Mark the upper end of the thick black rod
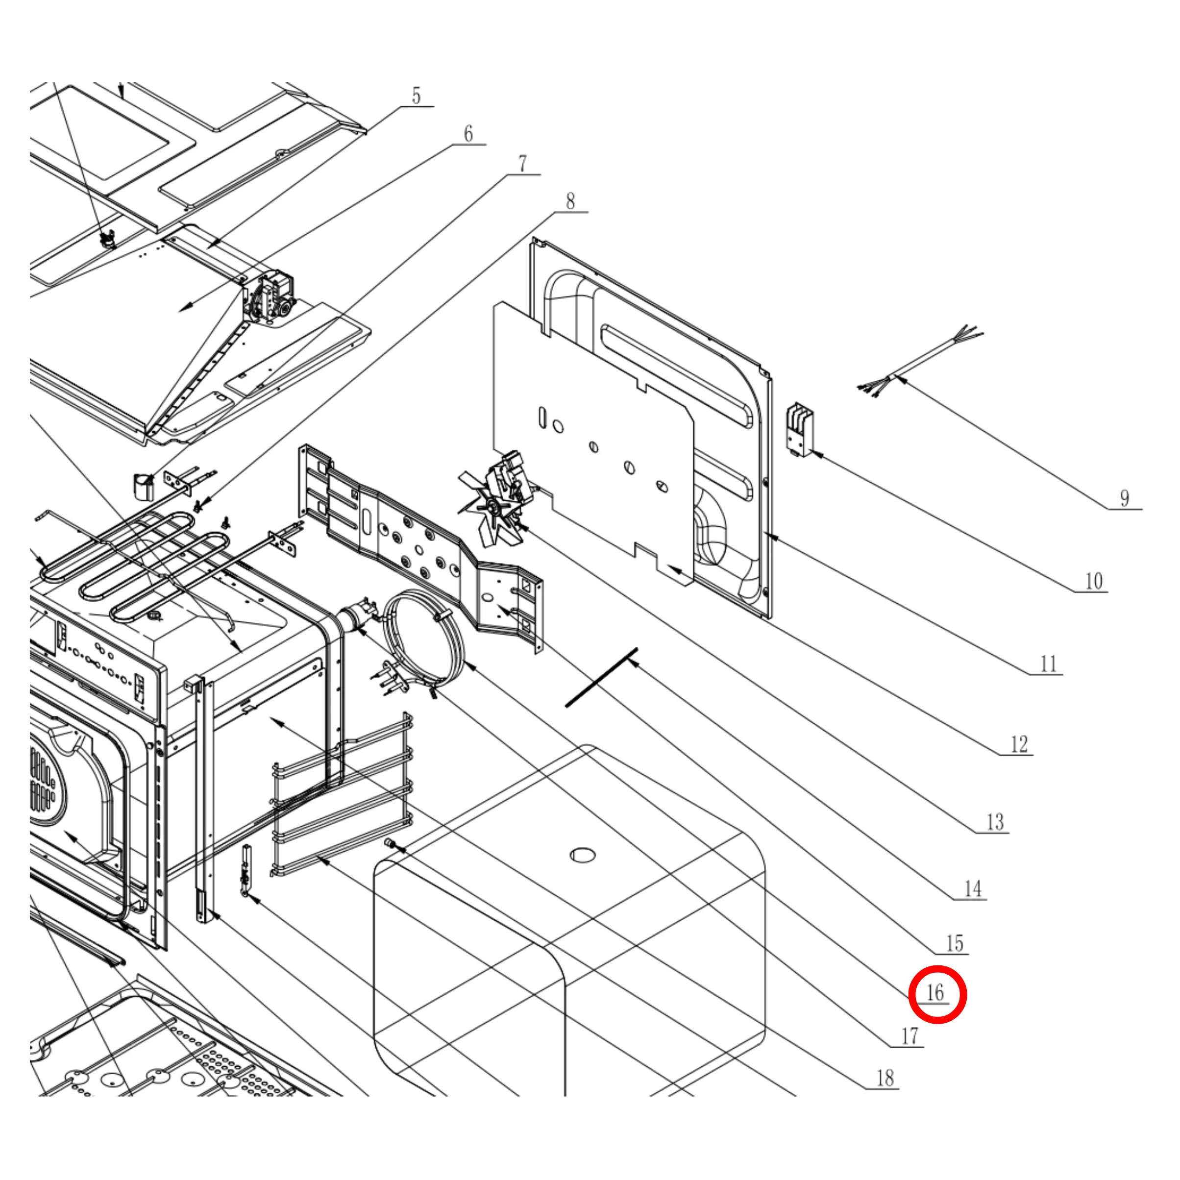637,649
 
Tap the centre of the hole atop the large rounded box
583,855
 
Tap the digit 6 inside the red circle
940,992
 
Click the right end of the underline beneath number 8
588,212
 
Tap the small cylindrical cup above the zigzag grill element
144,486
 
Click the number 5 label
417,96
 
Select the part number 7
523,164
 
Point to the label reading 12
1019,744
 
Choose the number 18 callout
885,1078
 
